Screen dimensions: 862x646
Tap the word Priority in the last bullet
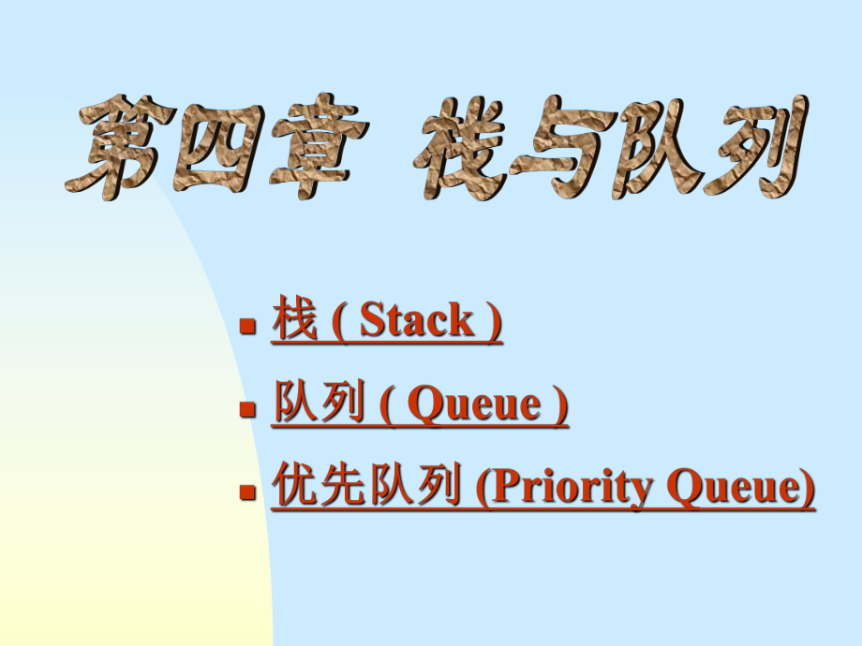coord(572,487)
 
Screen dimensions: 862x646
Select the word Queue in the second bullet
coord(474,404)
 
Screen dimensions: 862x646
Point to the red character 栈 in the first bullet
coord(294,317)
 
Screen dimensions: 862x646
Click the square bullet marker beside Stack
coord(248,325)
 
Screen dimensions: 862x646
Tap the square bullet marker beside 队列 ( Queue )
coord(248,409)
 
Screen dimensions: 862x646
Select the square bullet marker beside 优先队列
coord(248,492)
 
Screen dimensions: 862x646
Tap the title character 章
coord(319,145)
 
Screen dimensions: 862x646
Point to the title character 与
coord(563,147)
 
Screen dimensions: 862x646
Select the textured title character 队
coord(660,148)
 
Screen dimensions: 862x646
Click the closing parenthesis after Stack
coord(495,321)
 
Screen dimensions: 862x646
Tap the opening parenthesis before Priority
coord(483,488)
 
